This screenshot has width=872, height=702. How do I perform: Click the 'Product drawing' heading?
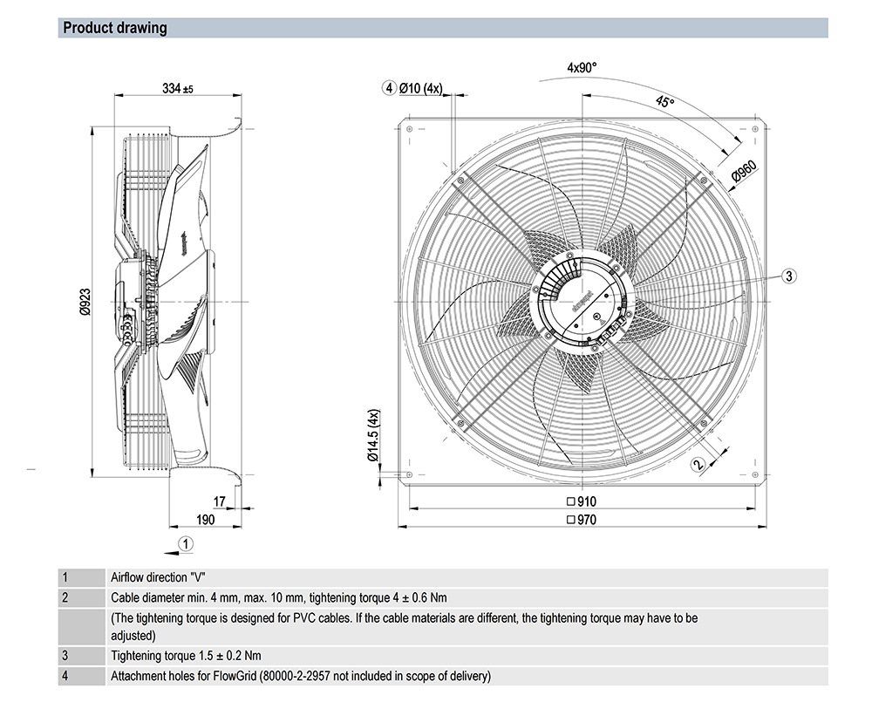click(114, 28)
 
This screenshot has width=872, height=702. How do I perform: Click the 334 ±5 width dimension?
click(177, 89)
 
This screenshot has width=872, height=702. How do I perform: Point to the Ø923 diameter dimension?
click(85, 297)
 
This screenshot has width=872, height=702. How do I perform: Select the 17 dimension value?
click(219, 501)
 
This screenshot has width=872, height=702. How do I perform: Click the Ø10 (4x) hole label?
click(421, 88)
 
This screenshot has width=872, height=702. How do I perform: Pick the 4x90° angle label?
click(582, 67)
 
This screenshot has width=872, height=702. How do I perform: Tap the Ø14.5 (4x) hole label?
click(372, 435)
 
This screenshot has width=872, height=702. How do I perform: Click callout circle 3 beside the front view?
click(788, 276)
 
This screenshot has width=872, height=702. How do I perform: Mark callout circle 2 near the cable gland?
click(697, 464)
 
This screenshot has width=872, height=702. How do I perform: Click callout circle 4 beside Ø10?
click(389, 88)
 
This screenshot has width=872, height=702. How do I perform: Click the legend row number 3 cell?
click(65, 656)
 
